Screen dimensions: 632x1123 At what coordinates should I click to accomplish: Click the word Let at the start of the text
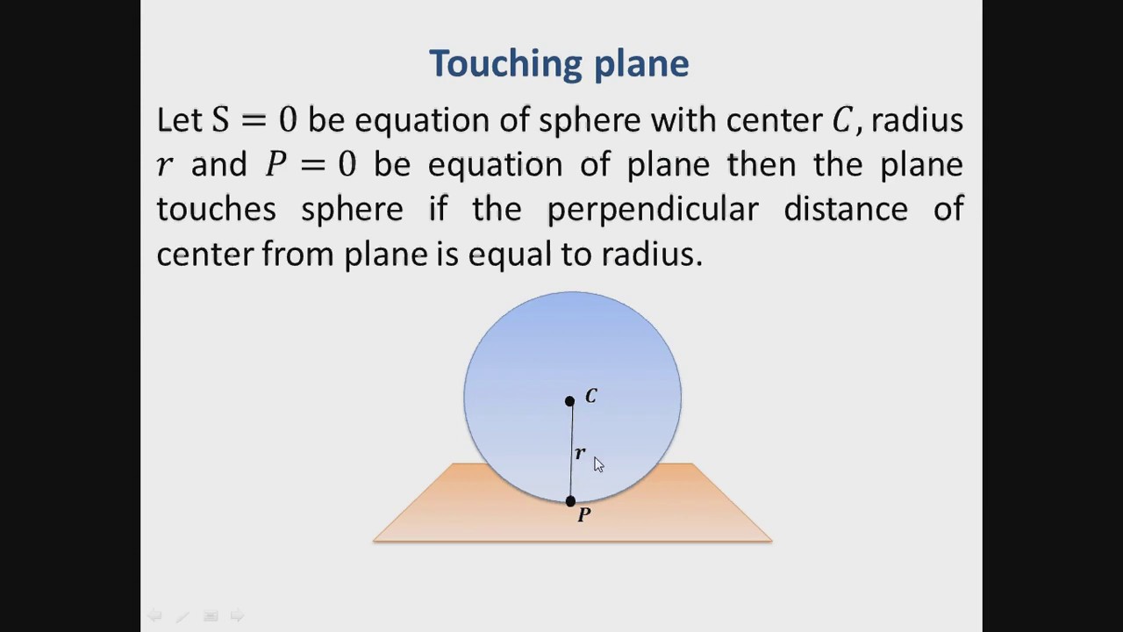coord(179,120)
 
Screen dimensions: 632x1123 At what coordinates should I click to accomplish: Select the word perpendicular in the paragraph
coord(653,210)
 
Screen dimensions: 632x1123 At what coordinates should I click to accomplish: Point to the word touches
coord(216,210)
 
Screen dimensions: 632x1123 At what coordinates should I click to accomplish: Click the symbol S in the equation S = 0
coord(219,120)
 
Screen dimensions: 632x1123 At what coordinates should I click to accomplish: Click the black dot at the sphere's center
coord(569,401)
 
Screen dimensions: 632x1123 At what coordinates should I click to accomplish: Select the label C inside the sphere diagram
coord(590,397)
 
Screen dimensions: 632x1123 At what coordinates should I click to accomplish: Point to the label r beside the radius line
coord(580,453)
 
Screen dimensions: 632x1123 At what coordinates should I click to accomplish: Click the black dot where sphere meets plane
coord(570,501)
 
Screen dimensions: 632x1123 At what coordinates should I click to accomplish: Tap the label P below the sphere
coord(584,515)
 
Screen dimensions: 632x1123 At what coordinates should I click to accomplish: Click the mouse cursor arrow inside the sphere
coord(598,464)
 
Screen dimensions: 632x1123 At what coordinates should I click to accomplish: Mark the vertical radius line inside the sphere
coord(571,439)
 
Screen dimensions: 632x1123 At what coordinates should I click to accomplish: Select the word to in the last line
coord(576,255)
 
